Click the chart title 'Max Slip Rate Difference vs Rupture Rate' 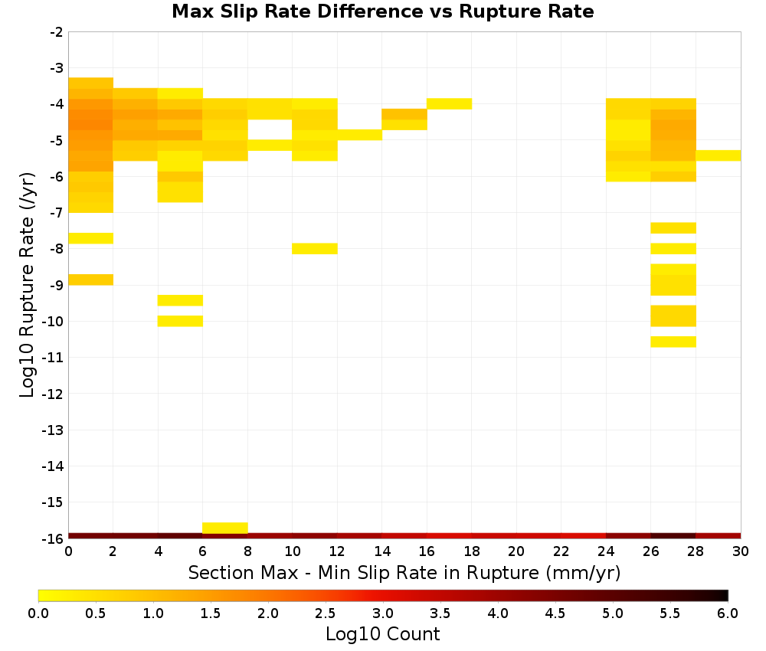coord(382,11)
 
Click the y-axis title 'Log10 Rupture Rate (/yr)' coord(27,285)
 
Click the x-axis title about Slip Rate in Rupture coord(404,572)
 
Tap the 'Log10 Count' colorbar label coord(382,634)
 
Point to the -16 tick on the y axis coord(54,538)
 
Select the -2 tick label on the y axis coord(56,32)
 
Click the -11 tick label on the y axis coord(54,358)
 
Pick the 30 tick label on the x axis coord(741,552)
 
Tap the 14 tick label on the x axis coord(382,552)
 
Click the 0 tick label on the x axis coord(68,552)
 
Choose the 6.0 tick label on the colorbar coord(728,613)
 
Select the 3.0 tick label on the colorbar coord(383,613)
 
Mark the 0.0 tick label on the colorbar coord(38,613)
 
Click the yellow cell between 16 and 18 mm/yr coord(450,103)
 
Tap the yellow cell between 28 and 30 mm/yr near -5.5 coord(719,155)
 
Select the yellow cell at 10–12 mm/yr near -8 coord(315,249)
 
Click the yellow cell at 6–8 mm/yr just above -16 coord(225,528)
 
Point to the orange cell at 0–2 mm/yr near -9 coord(91,280)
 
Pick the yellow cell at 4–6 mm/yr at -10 coord(180,321)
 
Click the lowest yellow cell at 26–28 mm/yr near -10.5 coord(673,342)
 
